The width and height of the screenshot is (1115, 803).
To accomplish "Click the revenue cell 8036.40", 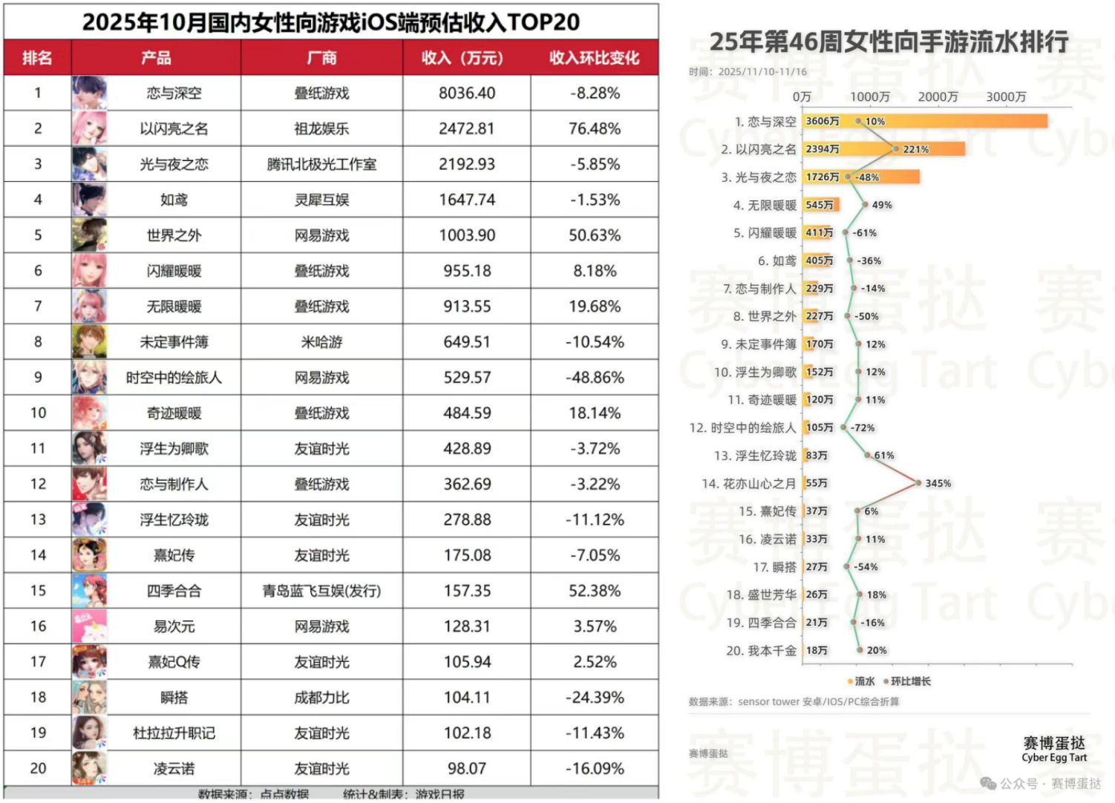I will point(466,94).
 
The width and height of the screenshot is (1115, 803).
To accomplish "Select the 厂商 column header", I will point(321,58).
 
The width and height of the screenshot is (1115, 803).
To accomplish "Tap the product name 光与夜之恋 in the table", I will point(174,165).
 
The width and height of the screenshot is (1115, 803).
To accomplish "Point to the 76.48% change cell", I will point(594,129).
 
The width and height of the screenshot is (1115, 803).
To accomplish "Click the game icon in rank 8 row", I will point(89,342).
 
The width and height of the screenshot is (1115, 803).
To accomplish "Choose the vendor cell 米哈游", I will point(321,342).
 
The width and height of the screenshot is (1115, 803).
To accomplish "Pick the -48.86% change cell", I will point(594,378).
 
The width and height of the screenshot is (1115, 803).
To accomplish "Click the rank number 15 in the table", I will point(38,591).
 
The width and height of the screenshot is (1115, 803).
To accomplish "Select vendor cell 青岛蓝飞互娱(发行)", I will point(321,591).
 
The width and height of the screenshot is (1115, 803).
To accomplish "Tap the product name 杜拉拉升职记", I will point(174,733).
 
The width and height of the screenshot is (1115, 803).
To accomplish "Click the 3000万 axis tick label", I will point(1005,97).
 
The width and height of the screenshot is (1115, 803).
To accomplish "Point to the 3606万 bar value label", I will point(823,121).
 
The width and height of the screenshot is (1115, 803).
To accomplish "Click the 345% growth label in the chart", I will point(938,483).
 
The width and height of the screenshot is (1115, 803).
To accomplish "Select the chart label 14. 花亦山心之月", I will point(748,484).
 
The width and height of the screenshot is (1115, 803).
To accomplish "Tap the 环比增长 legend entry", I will point(910,681).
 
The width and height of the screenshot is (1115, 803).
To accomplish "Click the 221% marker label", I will point(915,149).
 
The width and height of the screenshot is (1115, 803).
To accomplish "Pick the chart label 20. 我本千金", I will point(761,651).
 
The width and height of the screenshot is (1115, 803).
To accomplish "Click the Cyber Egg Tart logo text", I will point(1053,758).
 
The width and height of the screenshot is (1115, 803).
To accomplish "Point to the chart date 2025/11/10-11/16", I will point(762,72).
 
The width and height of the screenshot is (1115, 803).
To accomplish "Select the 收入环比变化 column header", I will point(594,58).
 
